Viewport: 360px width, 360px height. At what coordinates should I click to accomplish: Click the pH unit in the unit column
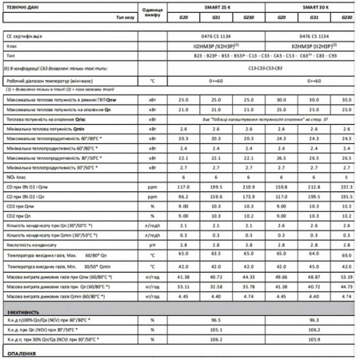(151, 245)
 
